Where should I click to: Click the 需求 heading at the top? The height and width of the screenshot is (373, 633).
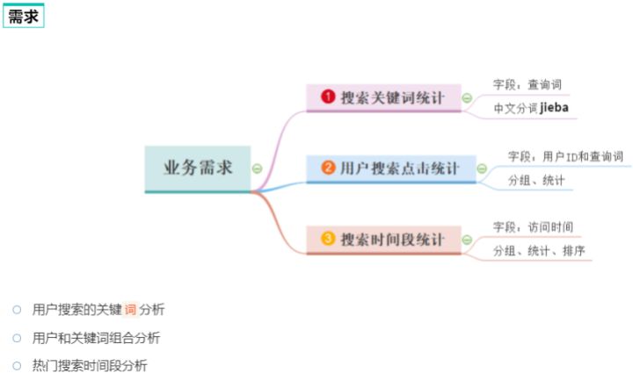[x=24, y=16]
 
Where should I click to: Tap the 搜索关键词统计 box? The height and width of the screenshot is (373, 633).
[x=383, y=97]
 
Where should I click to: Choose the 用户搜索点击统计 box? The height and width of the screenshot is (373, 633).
[x=390, y=168]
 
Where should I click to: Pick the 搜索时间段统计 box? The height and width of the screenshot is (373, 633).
[x=383, y=239]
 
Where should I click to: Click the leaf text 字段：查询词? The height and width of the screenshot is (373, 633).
[x=527, y=84]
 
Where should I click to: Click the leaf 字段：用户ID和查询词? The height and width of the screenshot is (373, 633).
[x=565, y=156]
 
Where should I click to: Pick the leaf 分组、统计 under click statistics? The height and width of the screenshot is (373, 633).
[x=535, y=181]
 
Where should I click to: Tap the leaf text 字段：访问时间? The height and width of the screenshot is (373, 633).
[x=533, y=227]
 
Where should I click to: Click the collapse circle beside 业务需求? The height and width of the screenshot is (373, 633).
[x=257, y=168]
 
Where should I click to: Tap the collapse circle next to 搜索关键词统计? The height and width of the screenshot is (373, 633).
[x=467, y=97]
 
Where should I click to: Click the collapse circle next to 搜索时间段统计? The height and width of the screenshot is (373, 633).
[x=467, y=239]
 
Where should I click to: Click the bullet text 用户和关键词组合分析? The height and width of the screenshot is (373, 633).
[x=96, y=337]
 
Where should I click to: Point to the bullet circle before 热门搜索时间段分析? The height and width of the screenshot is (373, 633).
[x=17, y=365]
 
